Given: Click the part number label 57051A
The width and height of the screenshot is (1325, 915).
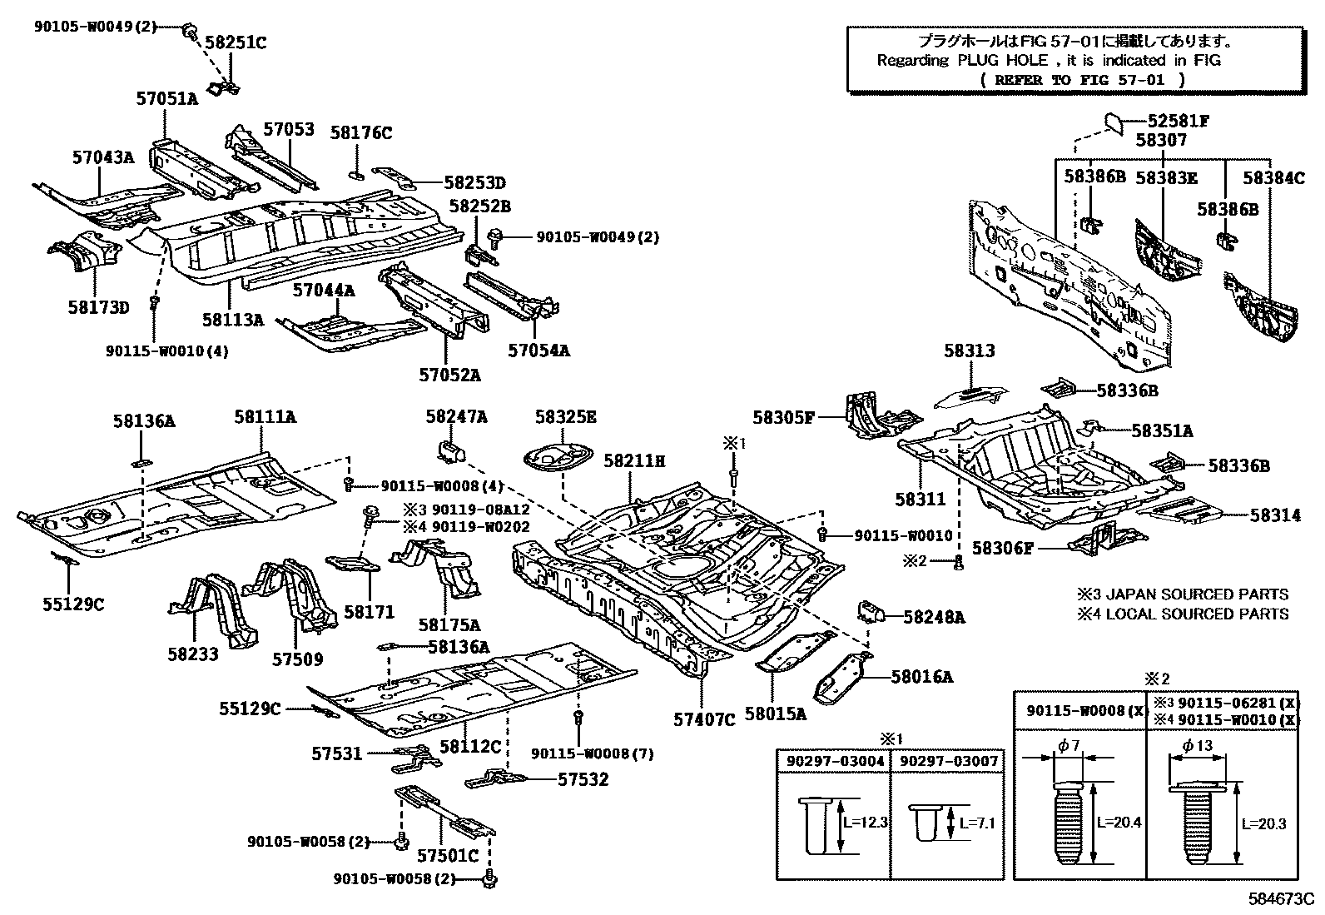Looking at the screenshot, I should [167, 99].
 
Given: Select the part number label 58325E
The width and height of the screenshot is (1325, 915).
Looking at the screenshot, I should [566, 417].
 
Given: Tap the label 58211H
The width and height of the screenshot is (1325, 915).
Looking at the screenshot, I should [634, 460].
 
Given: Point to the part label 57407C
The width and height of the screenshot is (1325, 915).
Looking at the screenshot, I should [704, 719].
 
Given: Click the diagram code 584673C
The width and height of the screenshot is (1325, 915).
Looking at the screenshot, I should [1280, 900].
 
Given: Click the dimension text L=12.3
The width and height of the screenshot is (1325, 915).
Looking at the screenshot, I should [866, 823].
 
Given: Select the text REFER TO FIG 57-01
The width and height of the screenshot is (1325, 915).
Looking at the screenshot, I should [1083, 80].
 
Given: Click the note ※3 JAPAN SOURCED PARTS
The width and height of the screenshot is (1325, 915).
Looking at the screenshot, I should [1183, 594].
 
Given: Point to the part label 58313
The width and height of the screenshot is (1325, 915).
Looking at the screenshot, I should [969, 351].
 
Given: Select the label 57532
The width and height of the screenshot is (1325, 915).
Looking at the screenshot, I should [583, 779].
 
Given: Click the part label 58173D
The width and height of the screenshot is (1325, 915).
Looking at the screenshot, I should [99, 307].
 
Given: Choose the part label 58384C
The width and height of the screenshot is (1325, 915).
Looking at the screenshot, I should [1273, 177].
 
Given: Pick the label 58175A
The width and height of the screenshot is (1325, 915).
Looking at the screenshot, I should [449, 624].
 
